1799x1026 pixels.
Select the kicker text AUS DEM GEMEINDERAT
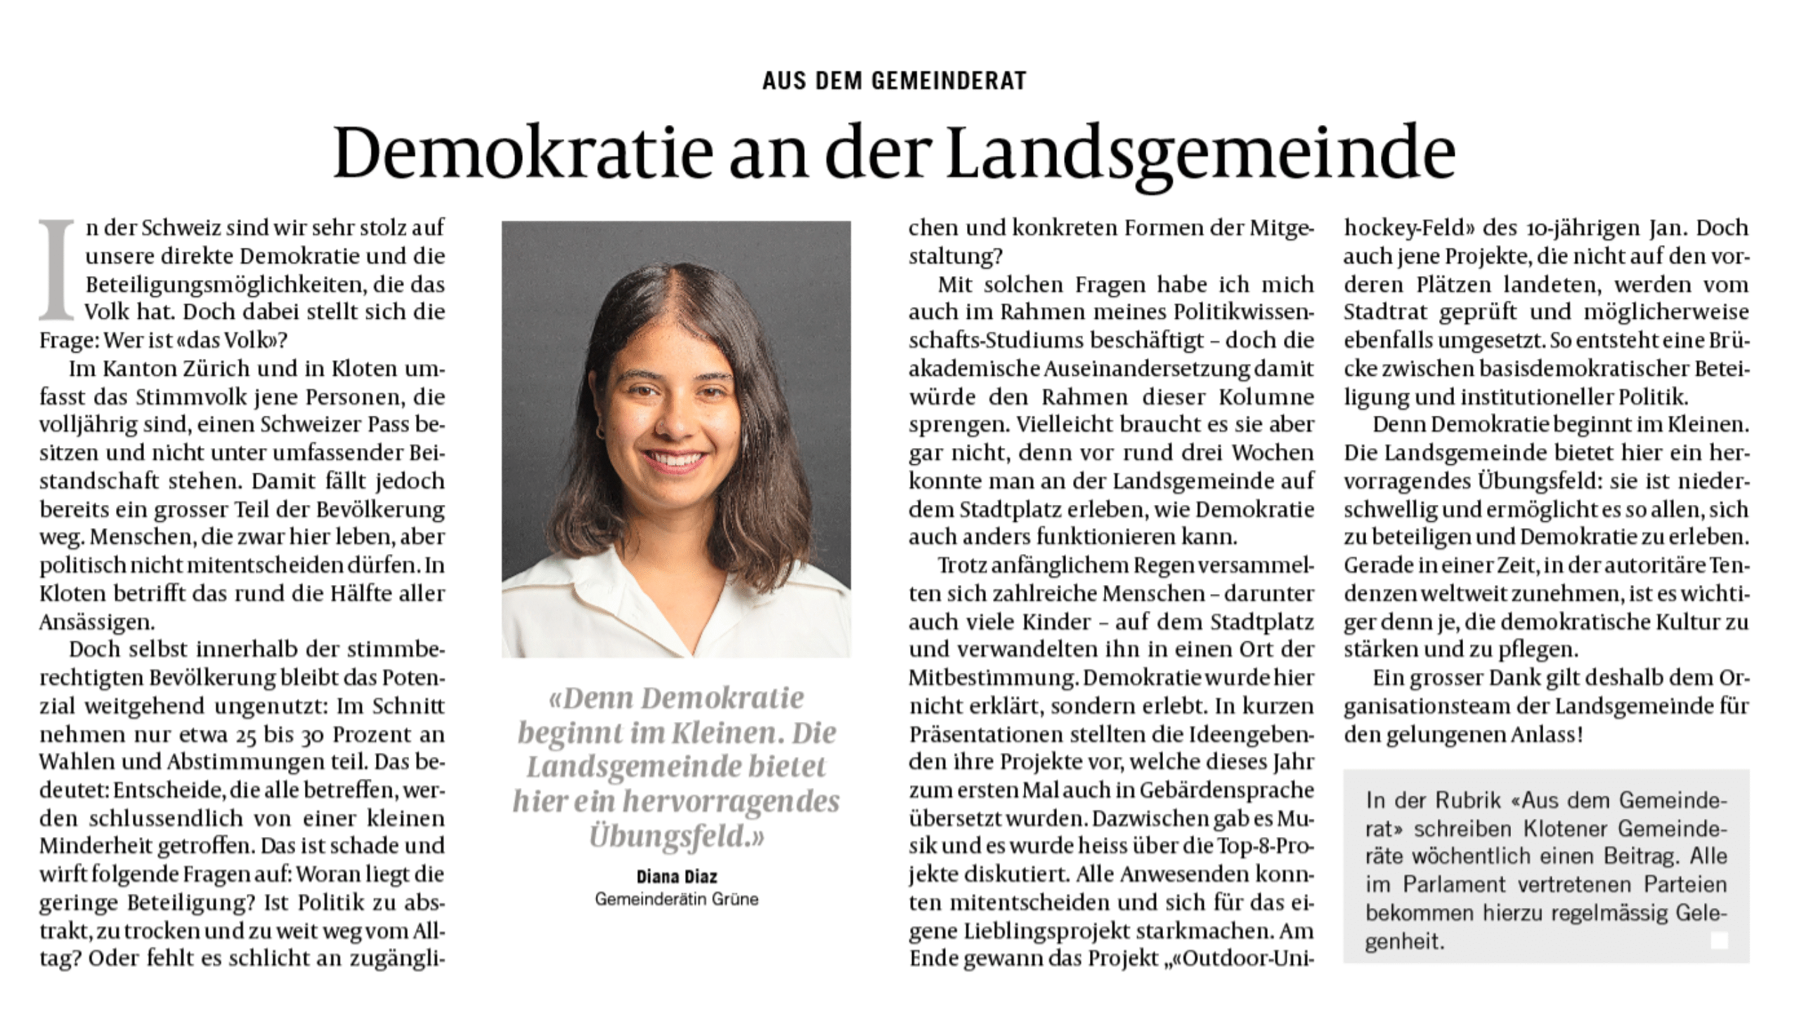[x=894, y=81]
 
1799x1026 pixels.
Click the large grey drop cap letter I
[x=57, y=269]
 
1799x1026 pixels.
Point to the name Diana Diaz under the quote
[x=676, y=876]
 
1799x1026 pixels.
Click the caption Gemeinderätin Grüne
[x=676, y=899]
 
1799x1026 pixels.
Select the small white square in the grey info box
[x=1719, y=940]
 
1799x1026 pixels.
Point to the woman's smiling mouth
[x=675, y=461]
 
